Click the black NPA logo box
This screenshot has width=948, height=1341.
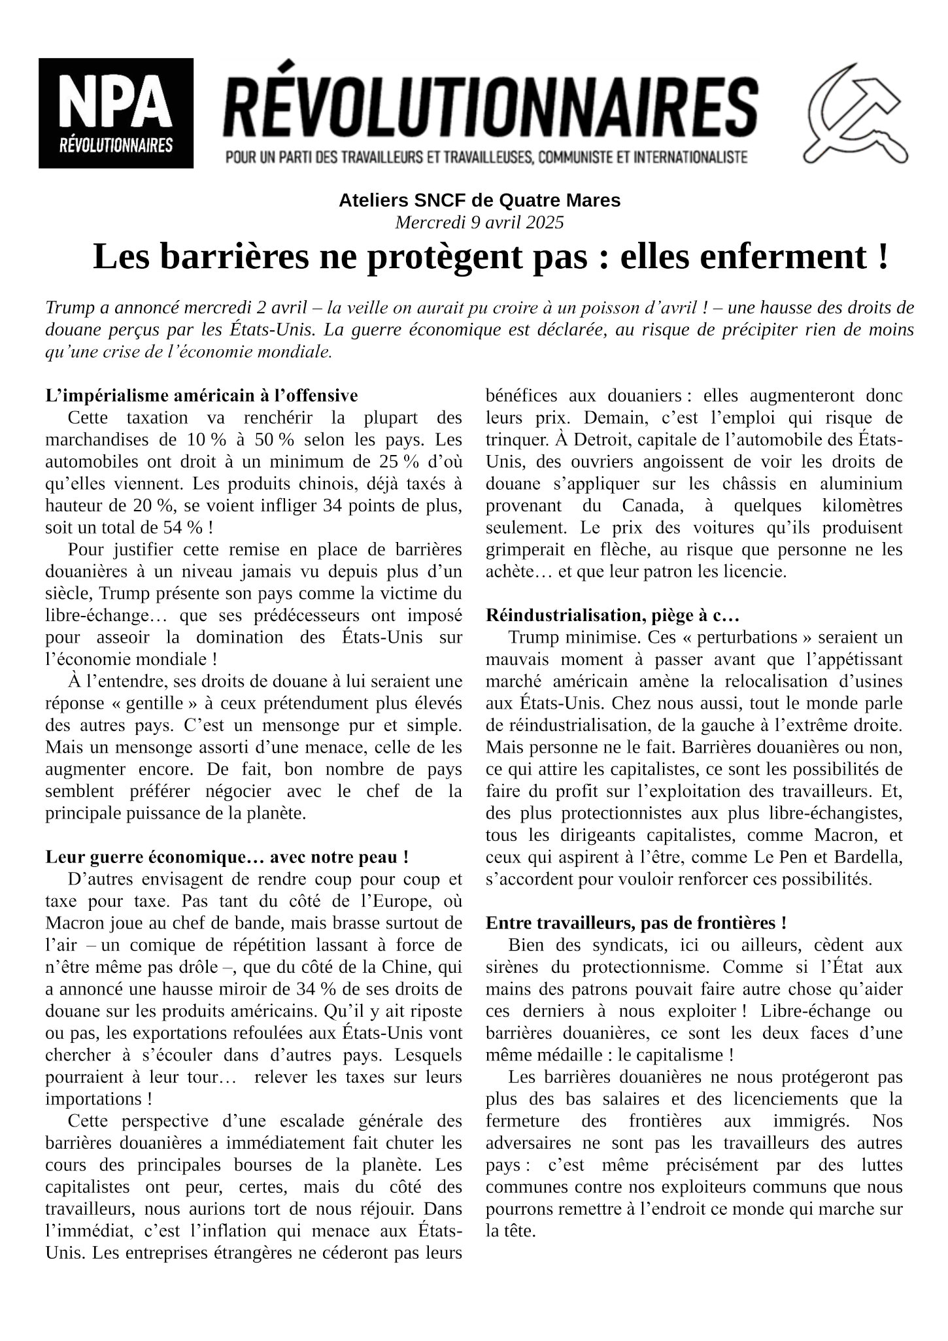click(116, 112)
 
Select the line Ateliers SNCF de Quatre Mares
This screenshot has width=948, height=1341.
click(479, 200)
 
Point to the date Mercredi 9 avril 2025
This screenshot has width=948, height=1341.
click(479, 222)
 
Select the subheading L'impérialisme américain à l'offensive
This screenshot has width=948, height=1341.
click(202, 396)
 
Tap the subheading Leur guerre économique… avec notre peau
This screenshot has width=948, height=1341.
click(228, 857)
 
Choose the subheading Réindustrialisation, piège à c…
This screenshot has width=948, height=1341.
click(613, 615)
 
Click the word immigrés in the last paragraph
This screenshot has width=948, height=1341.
click(811, 1121)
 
